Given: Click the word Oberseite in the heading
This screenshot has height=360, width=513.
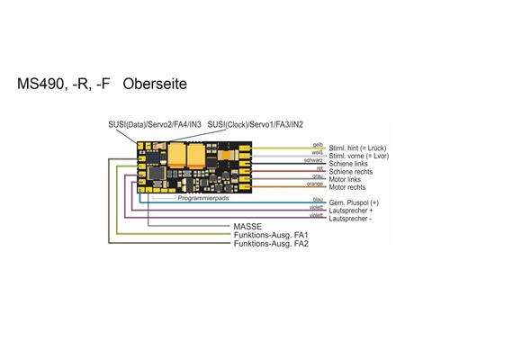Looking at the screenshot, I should click(154, 85).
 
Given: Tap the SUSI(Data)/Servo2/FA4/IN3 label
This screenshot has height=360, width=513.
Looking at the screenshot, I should click(157, 124).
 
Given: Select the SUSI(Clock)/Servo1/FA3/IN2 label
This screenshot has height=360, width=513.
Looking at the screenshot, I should click(256, 124).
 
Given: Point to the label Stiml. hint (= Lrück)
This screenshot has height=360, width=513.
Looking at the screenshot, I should click(358, 147).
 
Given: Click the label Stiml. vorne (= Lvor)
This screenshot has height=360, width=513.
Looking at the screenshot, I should click(358, 155).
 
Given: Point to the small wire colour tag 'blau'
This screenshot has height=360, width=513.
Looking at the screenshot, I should click(317, 200).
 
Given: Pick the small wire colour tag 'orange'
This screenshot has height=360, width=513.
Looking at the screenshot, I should click(315, 184).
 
